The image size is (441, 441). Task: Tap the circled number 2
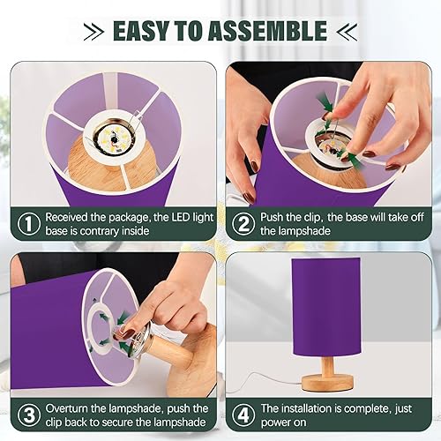pyautogui.click(x=242, y=224)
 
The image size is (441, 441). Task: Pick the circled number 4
pyautogui.click(x=242, y=414)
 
